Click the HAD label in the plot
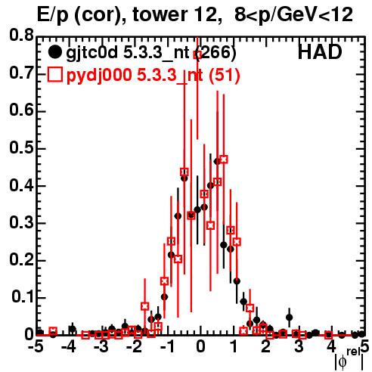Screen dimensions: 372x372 pos(320,52)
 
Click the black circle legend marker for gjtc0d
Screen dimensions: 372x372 pos(54,52)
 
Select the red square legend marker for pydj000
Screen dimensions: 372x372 pos(55,74)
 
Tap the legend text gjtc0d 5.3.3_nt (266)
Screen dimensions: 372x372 pos(151,53)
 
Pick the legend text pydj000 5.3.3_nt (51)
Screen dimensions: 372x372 pos(153,75)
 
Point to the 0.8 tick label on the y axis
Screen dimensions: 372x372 pos(21,36)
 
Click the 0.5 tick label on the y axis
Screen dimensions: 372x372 pos(21,147)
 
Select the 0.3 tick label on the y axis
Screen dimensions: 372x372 pos(21,222)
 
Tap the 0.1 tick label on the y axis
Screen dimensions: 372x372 pos(22,297)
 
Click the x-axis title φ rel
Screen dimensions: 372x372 pos(349,359)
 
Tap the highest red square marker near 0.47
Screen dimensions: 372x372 pos(224,160)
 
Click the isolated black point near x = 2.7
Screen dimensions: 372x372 pos(290,318)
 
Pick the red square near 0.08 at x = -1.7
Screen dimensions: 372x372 pos(144,306)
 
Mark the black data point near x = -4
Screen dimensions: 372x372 pos(73,329)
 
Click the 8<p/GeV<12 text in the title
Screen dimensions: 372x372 pos(293,15)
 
